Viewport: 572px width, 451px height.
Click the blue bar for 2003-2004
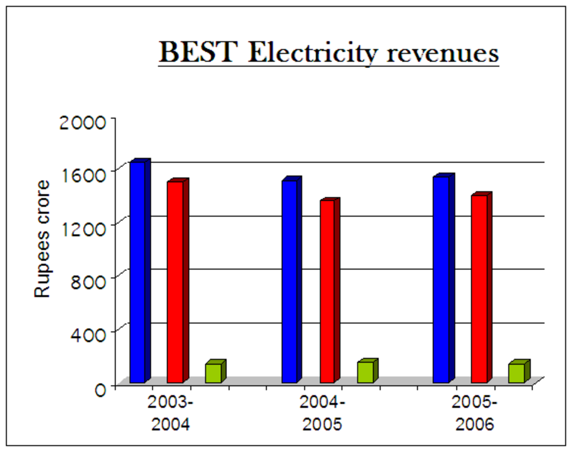pyautogui.click(x=140, y=271)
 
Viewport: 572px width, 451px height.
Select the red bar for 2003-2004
pyautogui.click(x=178, y=281)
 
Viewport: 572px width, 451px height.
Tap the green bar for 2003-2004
pyautogui.click(x=215, y=372)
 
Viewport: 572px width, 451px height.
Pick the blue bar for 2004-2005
pyautogui.click(x=292, y=280)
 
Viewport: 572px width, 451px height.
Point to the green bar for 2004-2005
pyautogui.click(x=368, y=371)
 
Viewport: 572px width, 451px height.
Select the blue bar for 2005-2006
pyautogui.click(x=444, y=278)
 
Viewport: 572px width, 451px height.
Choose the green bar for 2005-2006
pyautogui.click(x=519, y=372)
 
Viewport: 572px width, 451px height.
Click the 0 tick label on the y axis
pyautogui.click(x=101, y=390)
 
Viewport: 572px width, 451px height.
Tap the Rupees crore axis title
pyautogui.click(x=42, y=239)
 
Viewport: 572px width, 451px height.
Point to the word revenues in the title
pyautogui.click(x=442, y=55)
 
